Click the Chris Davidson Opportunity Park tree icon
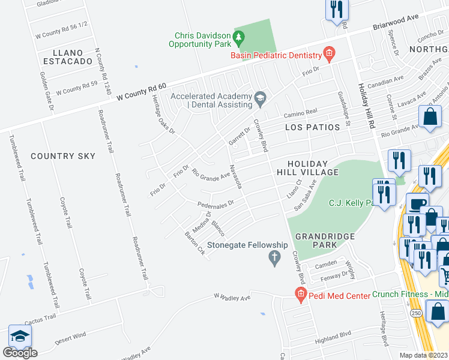[239, 38]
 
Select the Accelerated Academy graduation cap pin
[261, 97]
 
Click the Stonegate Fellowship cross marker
[275, 259]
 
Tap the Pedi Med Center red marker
[300, 294]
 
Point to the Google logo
[19, 353]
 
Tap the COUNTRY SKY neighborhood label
[62, 156]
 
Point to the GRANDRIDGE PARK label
[325, 241]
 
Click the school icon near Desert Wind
[19, 336]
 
